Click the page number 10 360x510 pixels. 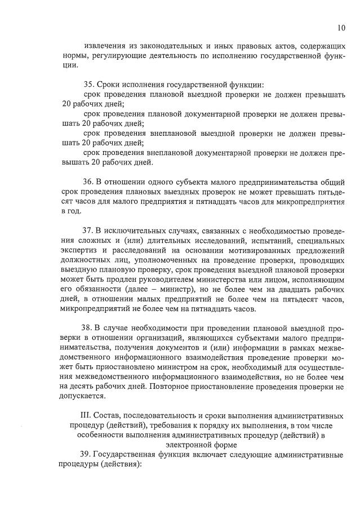341,28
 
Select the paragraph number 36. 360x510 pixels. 88,182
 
